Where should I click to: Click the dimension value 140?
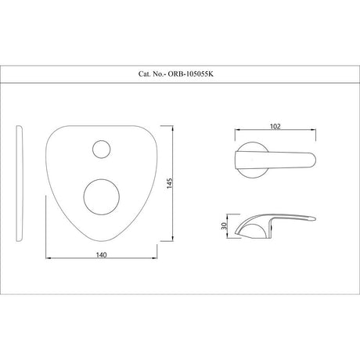(x=101, y=255)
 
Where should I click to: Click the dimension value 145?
(x=170, y=183)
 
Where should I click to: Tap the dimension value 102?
(x=275, y=127)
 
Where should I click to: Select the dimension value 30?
(x=224, y=226)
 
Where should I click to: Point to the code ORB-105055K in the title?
(x=191, y=74)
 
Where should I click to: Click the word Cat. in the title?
(x=144, y=74)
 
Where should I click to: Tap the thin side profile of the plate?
(x=20, y=183)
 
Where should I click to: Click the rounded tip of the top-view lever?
(x=315, y=160)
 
